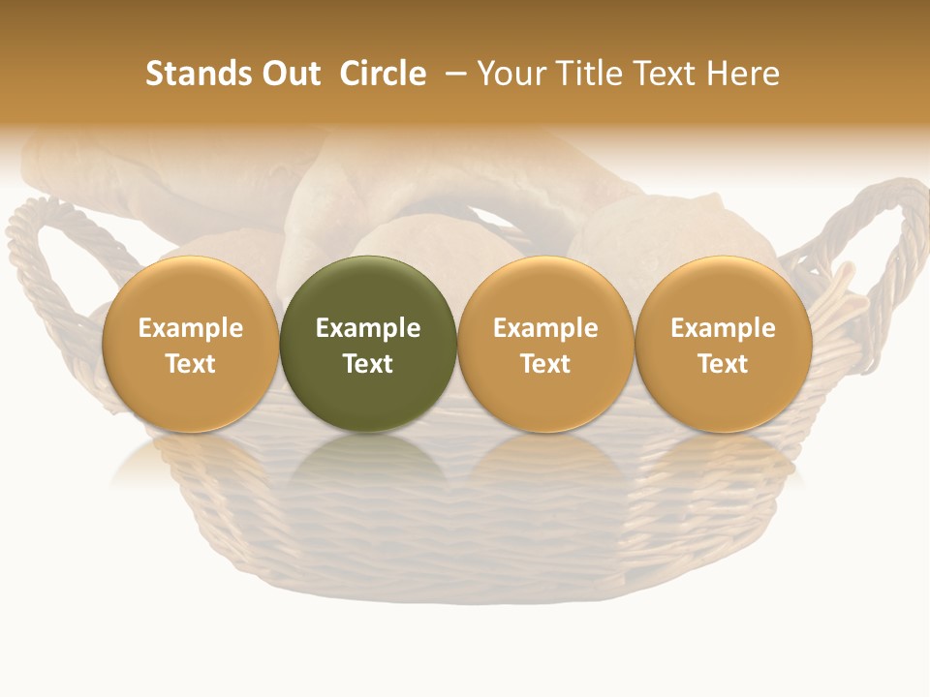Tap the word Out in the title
click(x=289, y=74)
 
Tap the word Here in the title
click(x=743, y=74)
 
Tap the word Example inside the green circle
click(x=368, y=328)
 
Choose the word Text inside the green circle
click(x=368, y=364)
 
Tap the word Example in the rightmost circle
click(x=723, y=328)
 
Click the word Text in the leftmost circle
click(x=191, y=364)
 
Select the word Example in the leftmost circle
click(x=191, y=328)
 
